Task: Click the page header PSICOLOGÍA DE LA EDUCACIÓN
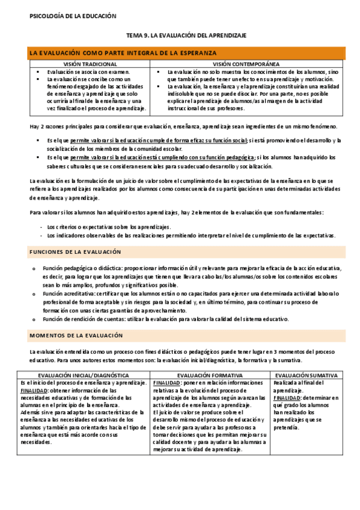tap(73, 16)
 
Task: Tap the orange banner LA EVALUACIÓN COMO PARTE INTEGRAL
tap(123, 54)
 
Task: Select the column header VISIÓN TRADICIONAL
tap(91, 63)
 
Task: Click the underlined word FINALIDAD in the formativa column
tap(165, 382)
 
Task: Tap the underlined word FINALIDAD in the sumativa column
tap(285, 397)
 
